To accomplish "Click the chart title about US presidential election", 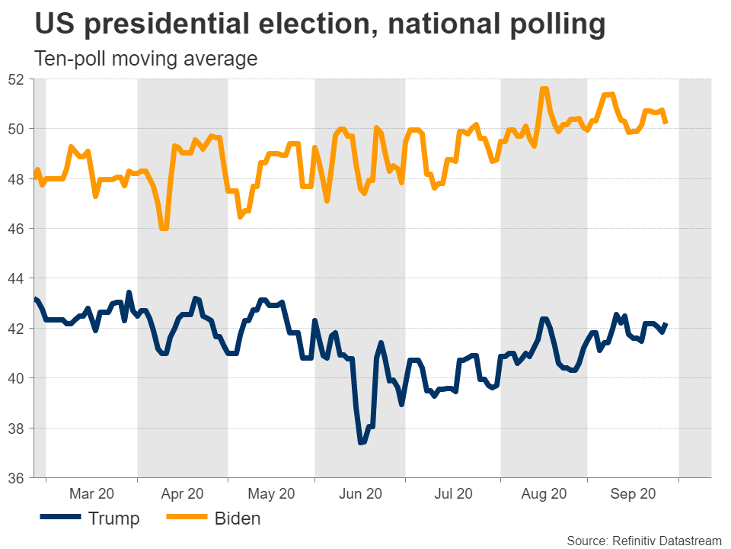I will (321, 25).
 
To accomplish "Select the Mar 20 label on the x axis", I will (91, 494).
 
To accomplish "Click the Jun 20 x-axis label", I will (359, 494).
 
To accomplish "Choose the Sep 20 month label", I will (633, 494).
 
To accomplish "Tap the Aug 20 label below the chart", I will (544, 494).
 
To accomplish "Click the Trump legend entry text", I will (114, 519).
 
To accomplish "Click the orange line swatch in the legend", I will (186, 519).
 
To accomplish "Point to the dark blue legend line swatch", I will (60, 519).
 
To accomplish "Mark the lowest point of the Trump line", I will (361, 442).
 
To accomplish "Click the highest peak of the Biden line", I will (544, 89).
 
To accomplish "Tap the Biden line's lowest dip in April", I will (164, 228).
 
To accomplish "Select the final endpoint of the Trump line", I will (666, 325).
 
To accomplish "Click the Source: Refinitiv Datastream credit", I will (644, 541).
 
